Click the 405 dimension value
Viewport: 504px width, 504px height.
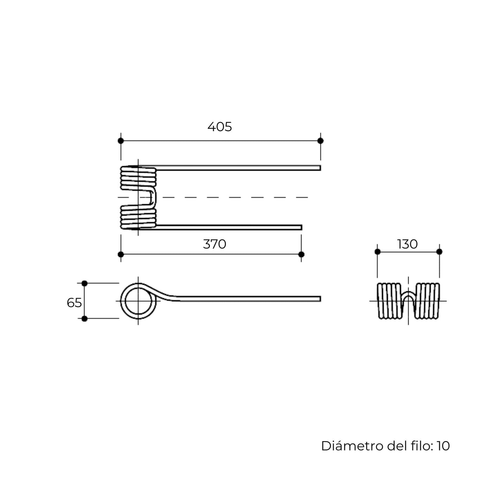click(219, 127)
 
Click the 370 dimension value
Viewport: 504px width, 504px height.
click(215, 244)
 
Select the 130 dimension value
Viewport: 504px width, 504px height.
click(407, 244)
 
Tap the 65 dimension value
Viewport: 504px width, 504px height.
click(74, 303)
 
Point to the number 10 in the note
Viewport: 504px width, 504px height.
click(443, 446)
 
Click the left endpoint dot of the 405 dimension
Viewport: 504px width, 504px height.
click(121, 141)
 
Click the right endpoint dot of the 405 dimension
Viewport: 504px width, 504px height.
click(321, 141)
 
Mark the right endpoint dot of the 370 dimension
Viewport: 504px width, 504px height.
click(301, 254)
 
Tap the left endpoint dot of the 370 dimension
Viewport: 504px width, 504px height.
click(121, 254)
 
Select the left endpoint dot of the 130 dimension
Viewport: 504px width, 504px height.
click(377, 251)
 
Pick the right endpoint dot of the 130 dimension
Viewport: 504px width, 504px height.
click(439, 251)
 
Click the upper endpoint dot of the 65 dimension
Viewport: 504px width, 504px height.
click(84, 283)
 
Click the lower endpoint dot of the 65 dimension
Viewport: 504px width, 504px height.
click(84, 318)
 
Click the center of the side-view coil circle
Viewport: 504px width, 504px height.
click(138, 301)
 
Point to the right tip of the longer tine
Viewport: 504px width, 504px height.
click(321, 168)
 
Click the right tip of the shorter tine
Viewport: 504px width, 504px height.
click(302, 227)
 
